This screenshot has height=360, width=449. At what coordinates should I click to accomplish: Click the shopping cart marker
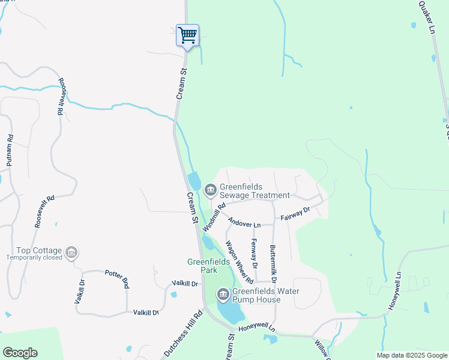[187, 35]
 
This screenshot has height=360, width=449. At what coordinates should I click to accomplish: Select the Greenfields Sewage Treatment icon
[210, 191]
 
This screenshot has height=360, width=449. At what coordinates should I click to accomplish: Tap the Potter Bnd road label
[117, 279]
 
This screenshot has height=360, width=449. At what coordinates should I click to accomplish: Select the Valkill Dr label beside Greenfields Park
[184, 283]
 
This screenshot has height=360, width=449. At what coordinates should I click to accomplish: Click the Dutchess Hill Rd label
[184, 334]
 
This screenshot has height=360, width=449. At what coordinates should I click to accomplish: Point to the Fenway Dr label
[255, 253]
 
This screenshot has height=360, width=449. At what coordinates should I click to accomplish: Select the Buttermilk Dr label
[273, 264]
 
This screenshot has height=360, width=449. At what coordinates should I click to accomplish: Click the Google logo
[20, 352]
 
